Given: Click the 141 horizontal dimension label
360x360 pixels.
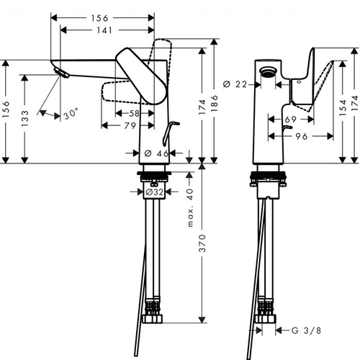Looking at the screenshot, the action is [104, 30].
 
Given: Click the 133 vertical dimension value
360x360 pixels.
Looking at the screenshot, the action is [24, 119].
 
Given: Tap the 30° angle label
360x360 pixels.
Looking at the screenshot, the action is [71, 113].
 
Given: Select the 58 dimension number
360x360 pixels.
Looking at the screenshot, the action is [134, 113].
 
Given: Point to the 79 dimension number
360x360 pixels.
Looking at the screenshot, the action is [130, 125].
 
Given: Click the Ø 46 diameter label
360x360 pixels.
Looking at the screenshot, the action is [156, 153].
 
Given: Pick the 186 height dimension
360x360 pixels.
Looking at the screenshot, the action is [214, 103].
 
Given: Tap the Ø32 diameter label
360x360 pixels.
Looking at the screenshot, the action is [155, 192].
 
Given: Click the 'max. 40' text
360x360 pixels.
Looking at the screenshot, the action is [190, 208].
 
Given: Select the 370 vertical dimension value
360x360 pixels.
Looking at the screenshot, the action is [203, 243].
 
